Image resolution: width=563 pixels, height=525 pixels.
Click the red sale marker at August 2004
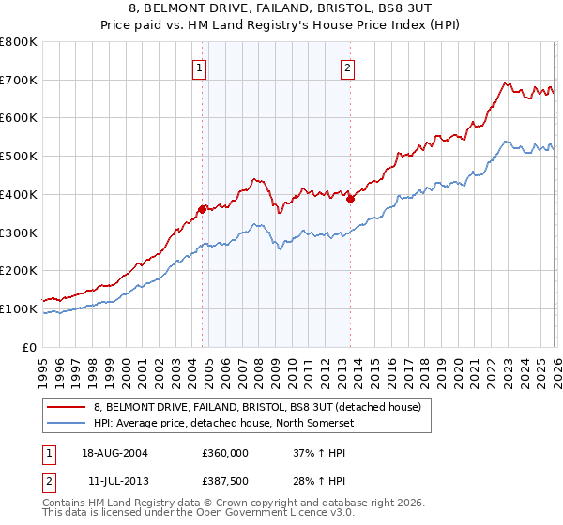pyautogui.click(x=202, y=209)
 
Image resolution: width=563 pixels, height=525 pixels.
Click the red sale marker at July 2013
pyautogui.click(x=350, y=199)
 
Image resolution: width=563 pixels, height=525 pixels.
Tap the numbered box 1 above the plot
pyautogui.click(x=201, y=67)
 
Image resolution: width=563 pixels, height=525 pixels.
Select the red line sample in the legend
pyautogui.click(x=68, y=407)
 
